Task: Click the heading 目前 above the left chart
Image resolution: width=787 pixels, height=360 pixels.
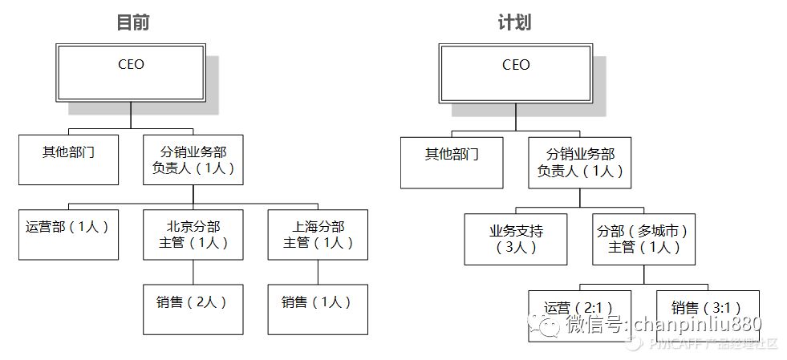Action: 133,22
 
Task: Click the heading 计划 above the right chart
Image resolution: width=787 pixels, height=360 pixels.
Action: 514,22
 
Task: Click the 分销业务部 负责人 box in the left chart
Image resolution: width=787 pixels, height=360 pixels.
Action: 193,160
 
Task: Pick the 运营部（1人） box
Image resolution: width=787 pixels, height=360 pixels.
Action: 68,234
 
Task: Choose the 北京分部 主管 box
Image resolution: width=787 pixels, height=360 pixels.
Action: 193,234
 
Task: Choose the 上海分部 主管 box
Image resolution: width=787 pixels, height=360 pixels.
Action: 318,234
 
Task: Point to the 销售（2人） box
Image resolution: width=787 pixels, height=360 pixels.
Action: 193,309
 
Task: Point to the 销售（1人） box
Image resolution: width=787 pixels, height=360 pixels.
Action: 318,309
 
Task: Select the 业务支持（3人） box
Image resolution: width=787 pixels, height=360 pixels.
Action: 516,239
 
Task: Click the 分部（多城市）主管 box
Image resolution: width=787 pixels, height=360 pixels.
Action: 643,239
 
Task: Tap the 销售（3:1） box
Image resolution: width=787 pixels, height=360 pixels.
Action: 706,309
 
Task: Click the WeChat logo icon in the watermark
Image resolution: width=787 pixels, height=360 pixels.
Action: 548,324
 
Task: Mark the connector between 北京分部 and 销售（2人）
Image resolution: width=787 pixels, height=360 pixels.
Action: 193,272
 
